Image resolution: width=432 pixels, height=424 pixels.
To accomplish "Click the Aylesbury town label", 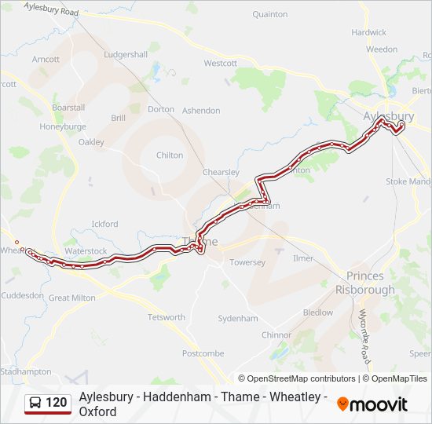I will (388, 116).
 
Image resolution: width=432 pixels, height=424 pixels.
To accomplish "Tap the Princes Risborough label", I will (365, 283).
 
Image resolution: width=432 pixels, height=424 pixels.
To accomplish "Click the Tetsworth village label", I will (167, 317).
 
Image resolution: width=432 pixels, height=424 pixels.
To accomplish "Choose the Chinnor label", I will (276, 334).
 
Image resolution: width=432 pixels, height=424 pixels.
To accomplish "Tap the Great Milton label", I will (72, 298).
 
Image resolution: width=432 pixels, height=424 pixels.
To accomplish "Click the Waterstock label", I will (86, 251).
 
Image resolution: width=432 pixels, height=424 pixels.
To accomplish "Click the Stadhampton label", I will (26, 371).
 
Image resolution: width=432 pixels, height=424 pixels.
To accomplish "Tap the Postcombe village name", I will (203, 353).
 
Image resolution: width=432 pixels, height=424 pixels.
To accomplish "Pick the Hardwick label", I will (368, 33).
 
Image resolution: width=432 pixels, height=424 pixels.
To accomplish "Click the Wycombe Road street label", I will (364, 336).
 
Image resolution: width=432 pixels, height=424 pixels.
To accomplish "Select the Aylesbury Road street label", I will (52, 9).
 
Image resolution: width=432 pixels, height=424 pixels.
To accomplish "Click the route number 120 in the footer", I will (56, 403).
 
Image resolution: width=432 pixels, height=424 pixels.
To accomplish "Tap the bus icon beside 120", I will (36, 404).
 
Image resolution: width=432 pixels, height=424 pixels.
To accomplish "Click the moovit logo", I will (372, 404).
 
